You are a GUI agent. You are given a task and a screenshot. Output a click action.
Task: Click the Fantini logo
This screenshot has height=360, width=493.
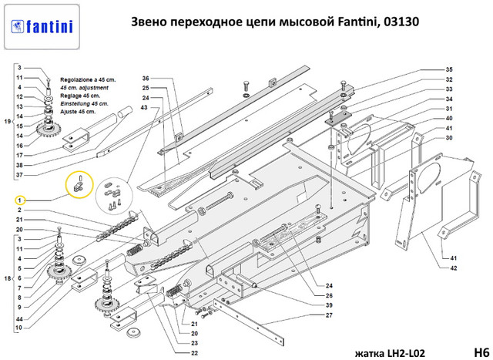point(42,27)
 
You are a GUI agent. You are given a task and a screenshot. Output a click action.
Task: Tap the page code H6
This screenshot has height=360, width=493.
point(481,352)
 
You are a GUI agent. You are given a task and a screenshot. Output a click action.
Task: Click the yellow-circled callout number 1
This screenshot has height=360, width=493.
point(19,200)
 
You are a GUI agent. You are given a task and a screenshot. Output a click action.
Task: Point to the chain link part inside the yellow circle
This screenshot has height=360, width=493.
point(77,185)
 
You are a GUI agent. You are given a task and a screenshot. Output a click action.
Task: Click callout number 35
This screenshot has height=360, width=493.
point(449,69)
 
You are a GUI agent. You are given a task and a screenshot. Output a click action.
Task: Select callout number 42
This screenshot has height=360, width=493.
point(453,268)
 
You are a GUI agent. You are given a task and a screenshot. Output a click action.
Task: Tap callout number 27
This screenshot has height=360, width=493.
point(329,315)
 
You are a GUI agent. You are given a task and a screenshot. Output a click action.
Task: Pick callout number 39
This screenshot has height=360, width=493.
point(329,305)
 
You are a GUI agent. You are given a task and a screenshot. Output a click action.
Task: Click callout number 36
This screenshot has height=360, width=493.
point(146,79)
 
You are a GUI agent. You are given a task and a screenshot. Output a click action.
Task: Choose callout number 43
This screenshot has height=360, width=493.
point(144,108)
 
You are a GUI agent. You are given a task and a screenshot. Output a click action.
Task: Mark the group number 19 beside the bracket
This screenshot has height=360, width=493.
point(8,122)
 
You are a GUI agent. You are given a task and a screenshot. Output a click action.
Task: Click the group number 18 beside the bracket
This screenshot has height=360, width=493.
point(8,278)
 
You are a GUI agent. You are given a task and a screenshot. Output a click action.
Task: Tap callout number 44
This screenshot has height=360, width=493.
point(19,319)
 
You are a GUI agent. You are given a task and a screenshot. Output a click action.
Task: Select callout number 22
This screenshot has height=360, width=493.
point(195,353)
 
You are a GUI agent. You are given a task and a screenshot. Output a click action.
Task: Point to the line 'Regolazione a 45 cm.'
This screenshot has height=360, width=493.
point(88,80)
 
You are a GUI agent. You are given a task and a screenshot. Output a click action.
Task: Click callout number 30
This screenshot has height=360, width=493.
point(449,138)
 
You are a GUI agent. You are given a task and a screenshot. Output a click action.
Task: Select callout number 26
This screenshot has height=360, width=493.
point(329,295)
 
